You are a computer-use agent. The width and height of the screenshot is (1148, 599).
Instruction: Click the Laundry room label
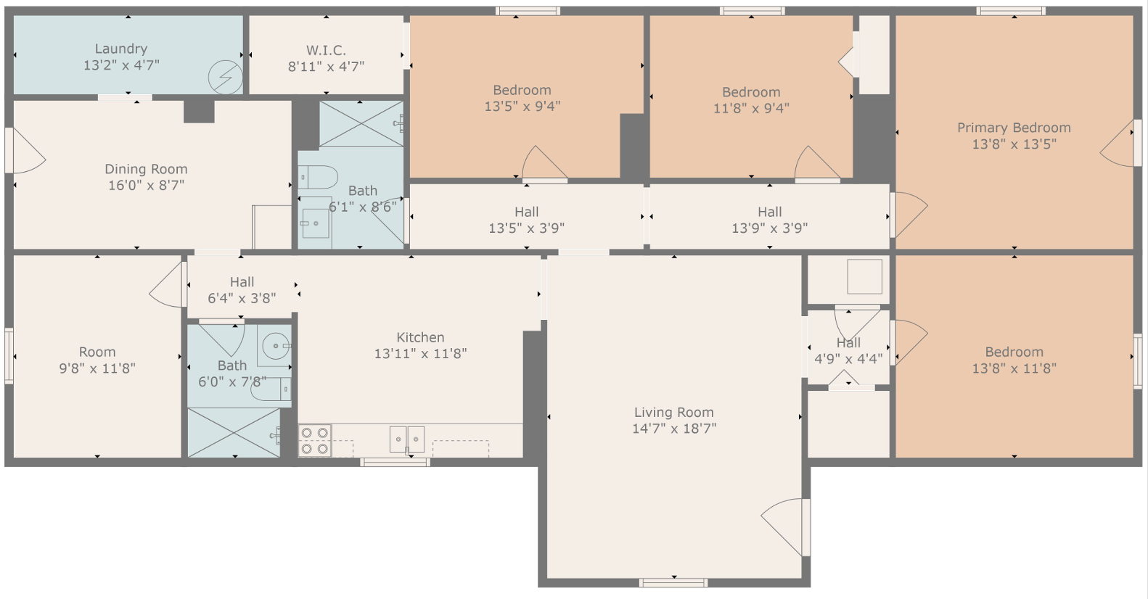click(121, 49)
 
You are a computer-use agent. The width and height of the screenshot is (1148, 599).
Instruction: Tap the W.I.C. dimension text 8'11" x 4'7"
click(326, 67)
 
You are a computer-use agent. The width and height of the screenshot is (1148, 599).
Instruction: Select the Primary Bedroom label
click(1014, 128)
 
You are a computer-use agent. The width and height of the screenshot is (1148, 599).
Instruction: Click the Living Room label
click(673, 412)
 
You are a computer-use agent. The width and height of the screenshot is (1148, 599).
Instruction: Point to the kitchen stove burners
click(315, 441)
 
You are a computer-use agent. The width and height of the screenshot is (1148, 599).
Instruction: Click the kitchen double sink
click(406, 439)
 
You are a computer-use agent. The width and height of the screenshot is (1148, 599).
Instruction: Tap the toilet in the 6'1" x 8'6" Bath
click(319, 177)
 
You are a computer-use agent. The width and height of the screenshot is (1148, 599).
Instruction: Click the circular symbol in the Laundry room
click(225, 76)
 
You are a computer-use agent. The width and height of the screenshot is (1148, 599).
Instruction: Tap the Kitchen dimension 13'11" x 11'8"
click(420, 354)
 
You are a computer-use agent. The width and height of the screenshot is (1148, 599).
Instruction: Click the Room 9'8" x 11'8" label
click(97, 352)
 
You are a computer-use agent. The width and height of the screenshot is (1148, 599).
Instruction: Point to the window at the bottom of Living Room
click(673, 582)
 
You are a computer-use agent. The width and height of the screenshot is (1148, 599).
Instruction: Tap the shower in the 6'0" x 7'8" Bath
click(234, 433)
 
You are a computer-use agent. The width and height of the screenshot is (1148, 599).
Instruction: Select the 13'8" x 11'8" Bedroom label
click(1014, 352)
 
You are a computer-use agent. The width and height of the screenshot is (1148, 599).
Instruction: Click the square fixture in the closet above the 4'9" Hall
click(864, 276)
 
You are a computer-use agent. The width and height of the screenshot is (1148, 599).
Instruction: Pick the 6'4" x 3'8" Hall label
click(242, 282)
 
